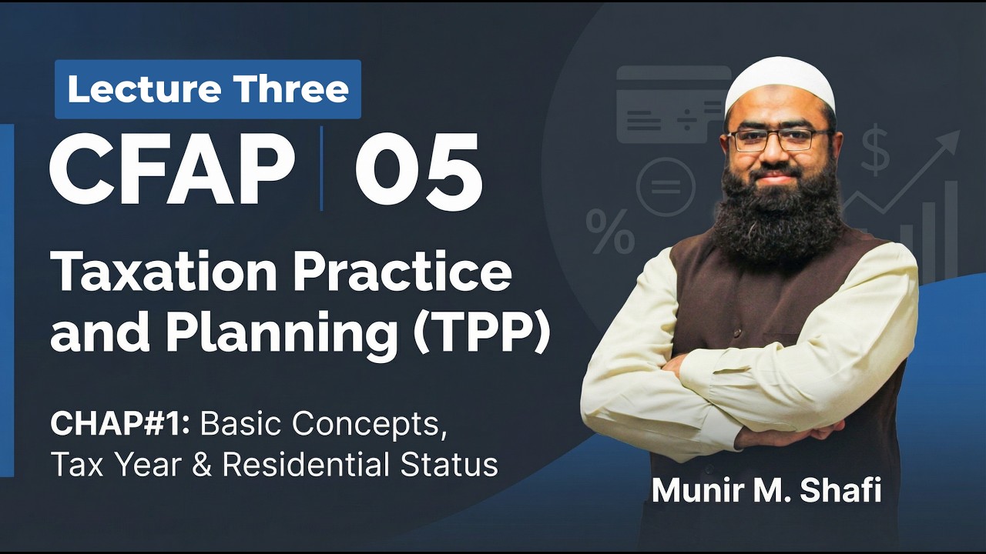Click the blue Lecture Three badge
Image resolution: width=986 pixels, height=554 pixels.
207,89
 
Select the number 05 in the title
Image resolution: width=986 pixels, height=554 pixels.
418,170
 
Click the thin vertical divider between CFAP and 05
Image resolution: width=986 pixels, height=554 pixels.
321,169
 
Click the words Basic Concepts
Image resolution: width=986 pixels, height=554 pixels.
328,423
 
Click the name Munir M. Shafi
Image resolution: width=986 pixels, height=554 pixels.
766,491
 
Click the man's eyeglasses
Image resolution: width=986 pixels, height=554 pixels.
779,139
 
